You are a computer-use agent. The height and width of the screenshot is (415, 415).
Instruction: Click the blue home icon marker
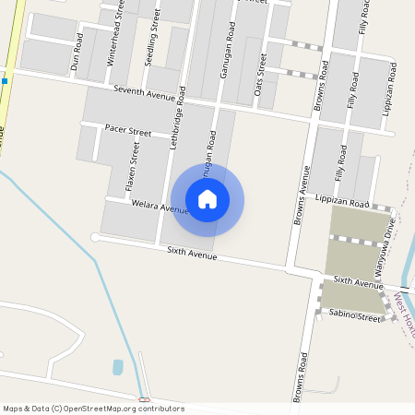[x=207, y=199]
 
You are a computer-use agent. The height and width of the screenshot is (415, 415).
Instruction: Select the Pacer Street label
[x=128, y=131]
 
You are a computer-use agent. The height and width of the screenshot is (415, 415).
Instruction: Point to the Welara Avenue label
[x=160, y=207]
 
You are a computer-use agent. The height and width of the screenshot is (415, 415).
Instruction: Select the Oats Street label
[x=262, y=67]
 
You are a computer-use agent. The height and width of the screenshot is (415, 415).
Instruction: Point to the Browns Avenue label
[x=302, y=195]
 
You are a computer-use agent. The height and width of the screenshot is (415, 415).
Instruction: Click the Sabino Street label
[x=355, y=316]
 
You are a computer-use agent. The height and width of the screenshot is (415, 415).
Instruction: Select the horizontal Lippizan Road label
[x=341, y=201]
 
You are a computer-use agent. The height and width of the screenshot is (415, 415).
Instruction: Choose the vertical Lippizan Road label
[x=392, y=87]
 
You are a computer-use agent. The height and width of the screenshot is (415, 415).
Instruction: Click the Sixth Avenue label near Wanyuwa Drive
[x=358, y=281]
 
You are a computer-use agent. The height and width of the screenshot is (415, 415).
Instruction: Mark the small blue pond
[x=118, y=367]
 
